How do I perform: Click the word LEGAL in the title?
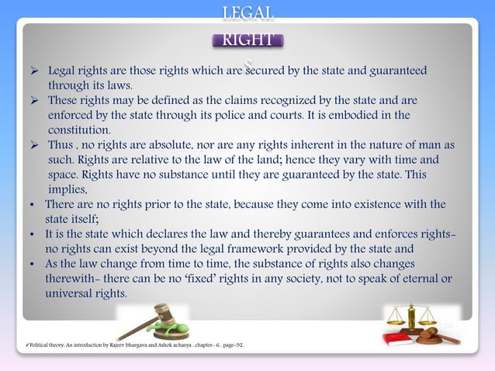(x=247, y=13)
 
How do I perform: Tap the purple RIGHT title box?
(x=247, y=40)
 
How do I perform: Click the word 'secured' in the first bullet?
(x=265, y=71)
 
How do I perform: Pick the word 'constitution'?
(x=79, y=130)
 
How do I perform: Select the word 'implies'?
(x=69, y=189)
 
